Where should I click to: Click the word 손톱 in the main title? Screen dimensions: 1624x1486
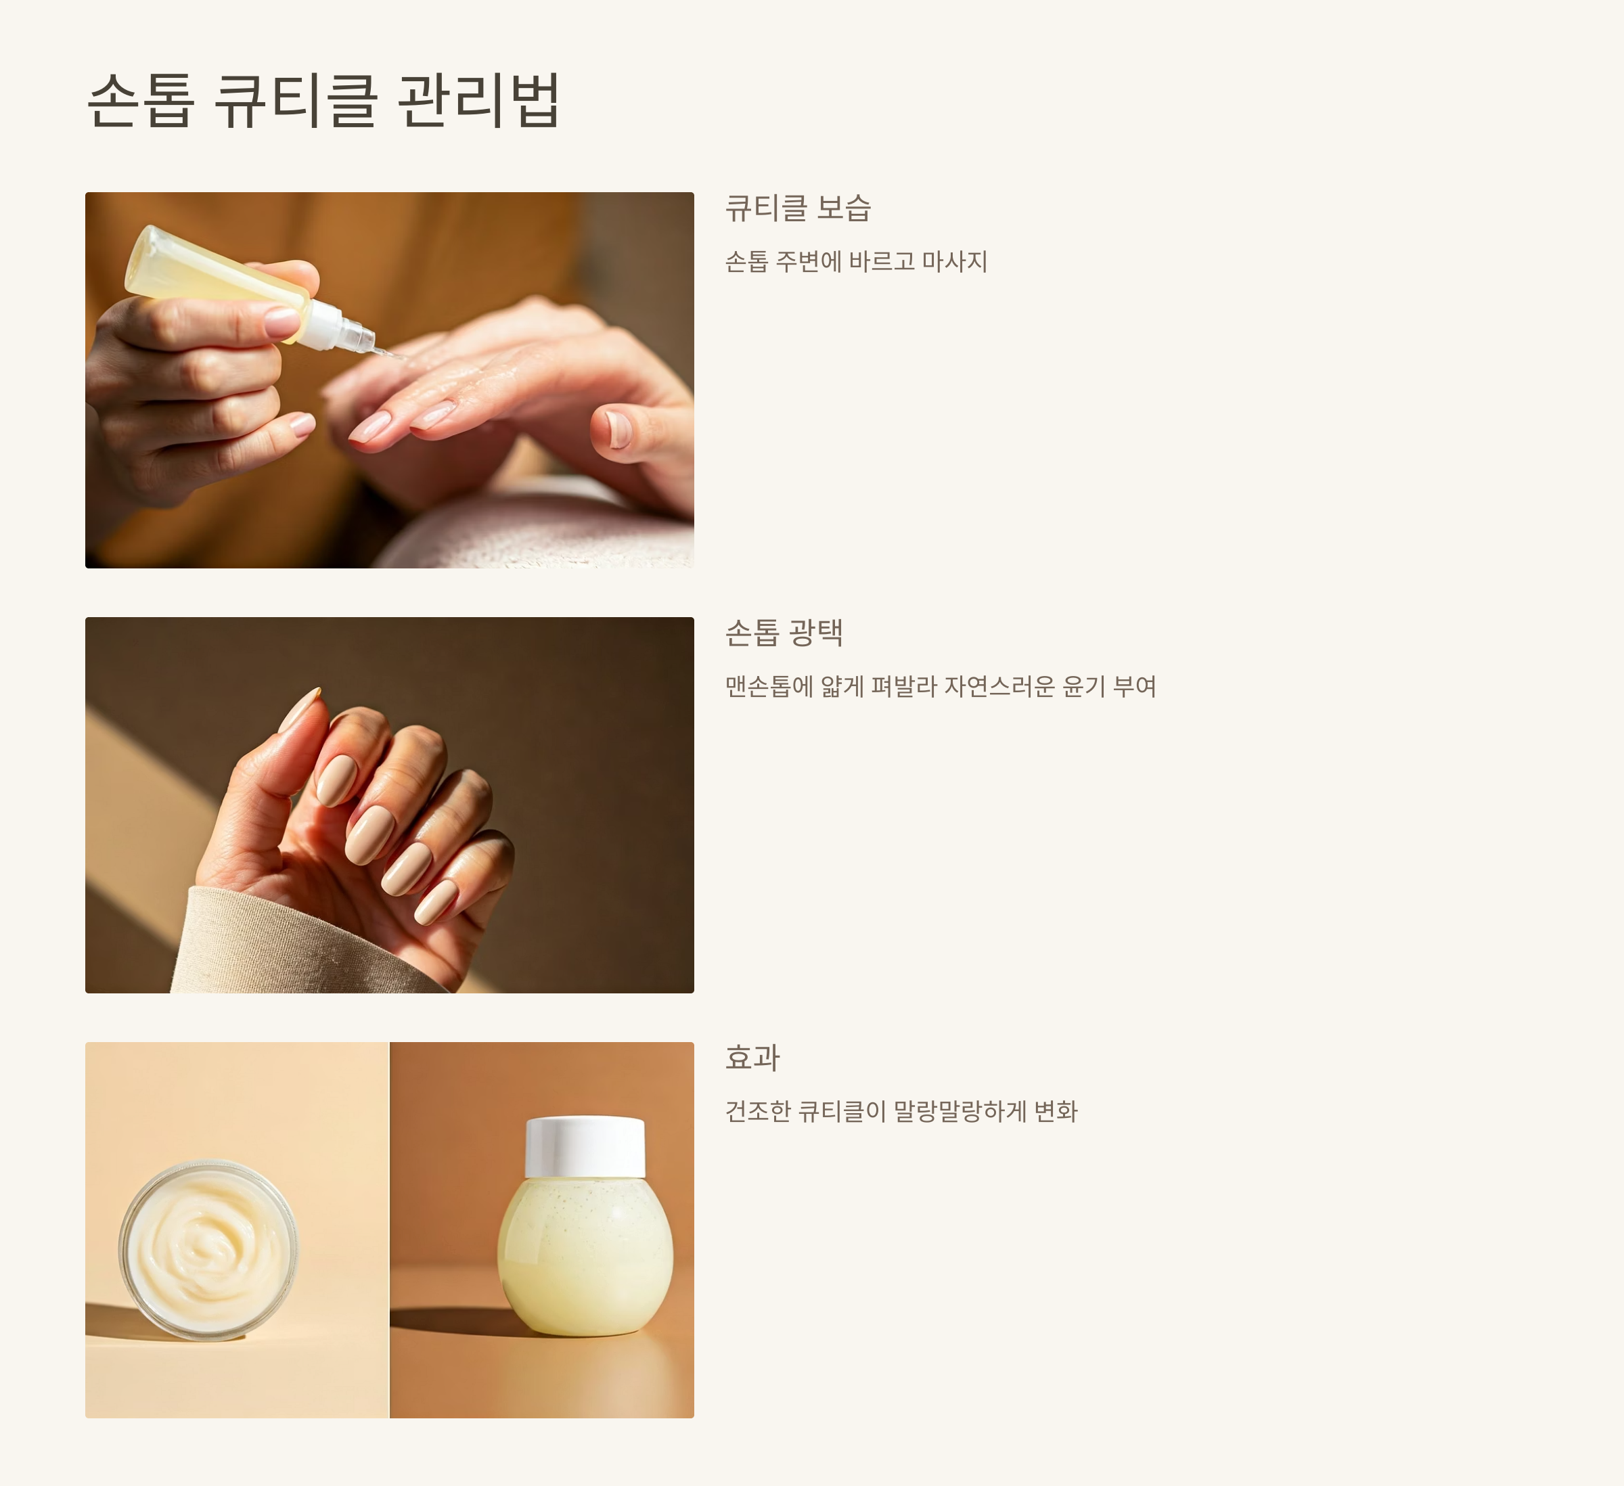coord(141,100)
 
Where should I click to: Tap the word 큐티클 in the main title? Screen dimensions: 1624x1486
coord(296,100)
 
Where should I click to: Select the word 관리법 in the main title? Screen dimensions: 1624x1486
coord(478,100)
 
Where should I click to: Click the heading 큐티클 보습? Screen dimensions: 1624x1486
coord(798,208)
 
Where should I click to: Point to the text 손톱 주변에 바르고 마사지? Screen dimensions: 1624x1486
coord(856,261)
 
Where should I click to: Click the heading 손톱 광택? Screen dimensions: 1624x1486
coord(784,632)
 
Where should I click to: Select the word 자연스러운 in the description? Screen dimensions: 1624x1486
coord(999,686)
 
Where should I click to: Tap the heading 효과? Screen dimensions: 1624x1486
coord(752,1058)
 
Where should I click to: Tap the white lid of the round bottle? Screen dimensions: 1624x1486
coord(585,1146)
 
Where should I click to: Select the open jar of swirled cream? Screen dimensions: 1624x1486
coord(208,1249)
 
